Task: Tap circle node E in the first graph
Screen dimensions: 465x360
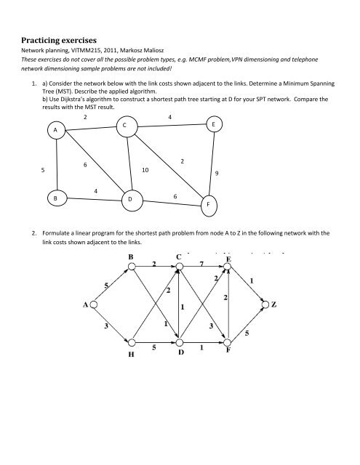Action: click(x=213, y=124)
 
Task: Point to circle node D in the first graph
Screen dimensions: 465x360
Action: click(x=129, y=198)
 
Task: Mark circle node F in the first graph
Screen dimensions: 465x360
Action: click(x=209, y=205)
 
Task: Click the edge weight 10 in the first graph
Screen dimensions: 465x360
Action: click(x=145, y=171)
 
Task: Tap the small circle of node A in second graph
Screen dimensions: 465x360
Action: click(x=94, y=306)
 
